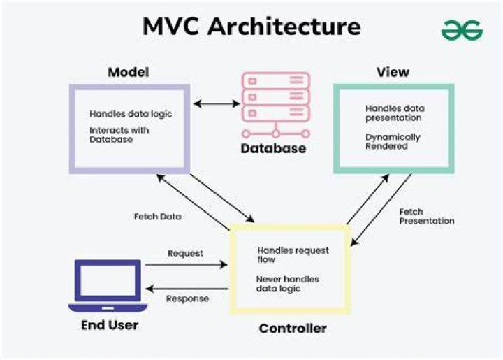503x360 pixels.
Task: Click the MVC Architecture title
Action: coord(251,27)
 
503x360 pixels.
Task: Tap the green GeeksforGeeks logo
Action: coord(462,31)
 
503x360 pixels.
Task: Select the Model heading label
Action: coord(129,72)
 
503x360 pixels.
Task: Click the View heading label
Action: coord(393,72)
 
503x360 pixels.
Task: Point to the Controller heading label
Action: coord(293,329)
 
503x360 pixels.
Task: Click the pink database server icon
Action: coord(276,105)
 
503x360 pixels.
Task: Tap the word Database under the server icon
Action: coord(273,148)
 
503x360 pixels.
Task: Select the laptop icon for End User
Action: coord(108,286)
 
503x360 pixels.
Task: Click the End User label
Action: coord(110,325)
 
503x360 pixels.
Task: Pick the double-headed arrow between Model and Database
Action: coord(217,103)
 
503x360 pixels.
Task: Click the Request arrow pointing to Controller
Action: coord(187,265)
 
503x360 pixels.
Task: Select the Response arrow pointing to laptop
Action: coord(187,289)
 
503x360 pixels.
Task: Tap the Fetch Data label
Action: coord(157,217)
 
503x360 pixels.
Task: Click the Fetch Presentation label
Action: coord(427,216)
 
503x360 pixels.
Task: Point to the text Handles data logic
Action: coord(131,114)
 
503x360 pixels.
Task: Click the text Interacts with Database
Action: coord(119,135)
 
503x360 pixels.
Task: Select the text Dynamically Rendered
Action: coord(393,141)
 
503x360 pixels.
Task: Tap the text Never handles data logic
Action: coord(287,284)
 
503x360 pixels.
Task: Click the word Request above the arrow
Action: coord(185,254)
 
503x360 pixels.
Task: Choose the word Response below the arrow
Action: coord(187,298)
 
